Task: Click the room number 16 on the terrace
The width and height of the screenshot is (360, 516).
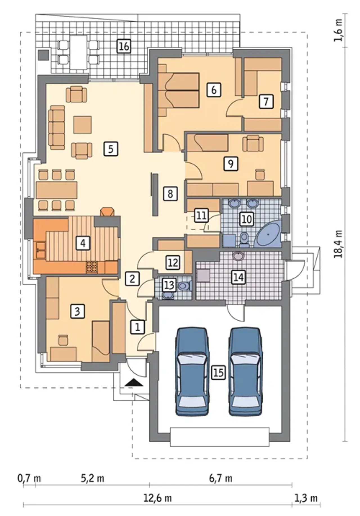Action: click(124, 46)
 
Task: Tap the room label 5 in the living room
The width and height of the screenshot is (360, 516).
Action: click(111, 149)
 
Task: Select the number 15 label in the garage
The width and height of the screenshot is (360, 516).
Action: click(219, 373)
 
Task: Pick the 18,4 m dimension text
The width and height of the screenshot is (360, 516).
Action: click(339, 244)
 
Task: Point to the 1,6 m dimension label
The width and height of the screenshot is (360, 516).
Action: click(339, 30)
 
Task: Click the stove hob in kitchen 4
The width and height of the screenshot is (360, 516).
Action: click(91, 267)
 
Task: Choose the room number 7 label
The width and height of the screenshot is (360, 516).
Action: click(266, 101)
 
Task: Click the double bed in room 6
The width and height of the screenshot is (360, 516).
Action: click(179, 90)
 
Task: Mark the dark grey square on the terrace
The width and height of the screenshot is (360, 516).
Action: click(44, 55)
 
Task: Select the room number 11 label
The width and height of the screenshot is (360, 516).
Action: click(201, 216)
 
